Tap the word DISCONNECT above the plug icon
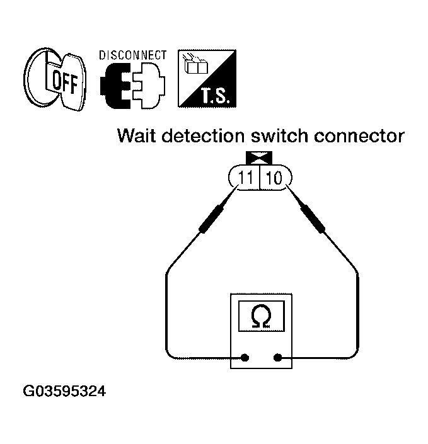[132, 55]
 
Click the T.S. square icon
[204, 77]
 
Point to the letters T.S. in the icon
[215, 94]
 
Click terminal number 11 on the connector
[246, 178]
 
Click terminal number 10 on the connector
[274, 178]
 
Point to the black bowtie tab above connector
[260, 159]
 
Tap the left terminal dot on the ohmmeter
[245, 358]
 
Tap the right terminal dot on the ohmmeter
[277, 358]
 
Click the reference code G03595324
[65, 392]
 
